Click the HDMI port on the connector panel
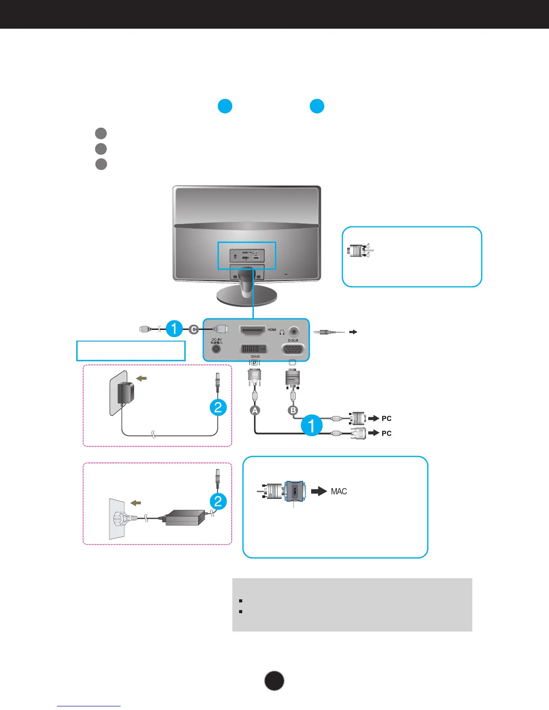pyautogui.click(x=253, y=331)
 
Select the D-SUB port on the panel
pyautogui.click(x=293, y=349)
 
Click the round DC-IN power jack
pyautogui.click(x=216, y=348)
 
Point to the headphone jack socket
pyautogui.click(x=294, y=331)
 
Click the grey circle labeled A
pyautogui.click(x=255, y=410)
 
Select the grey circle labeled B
pyautogui.click(x=293, y=410)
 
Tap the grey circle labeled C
pyautogui.click(x=194, y=329)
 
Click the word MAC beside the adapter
pyautogui.click(x=339, y=491)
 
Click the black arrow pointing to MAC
pyautogui.click(x=319, y=491)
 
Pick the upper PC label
pyautogui.click(x=386, y=419)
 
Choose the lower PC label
pyautogui.click(x=386, y=433)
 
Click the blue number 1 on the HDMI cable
pyautogui.click(x=174, y=329)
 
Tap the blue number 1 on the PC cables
pyautogui.click(x=312, y=425)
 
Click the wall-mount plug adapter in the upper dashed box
pyautogui.click(x=125, y=393)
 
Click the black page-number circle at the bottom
pyautogui.click(x=274, y=681)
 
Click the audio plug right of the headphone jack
pyautogui.click(x=329, y=332)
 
